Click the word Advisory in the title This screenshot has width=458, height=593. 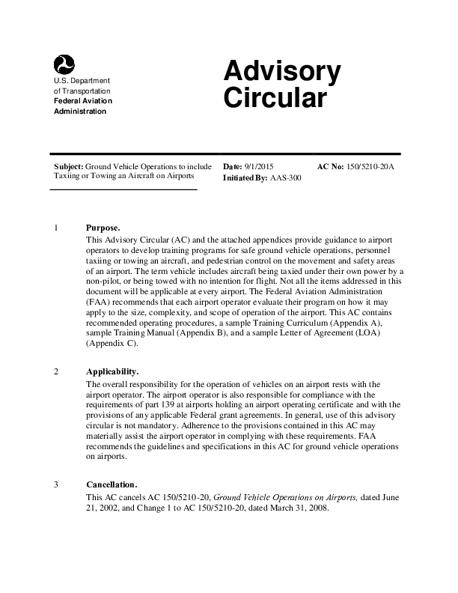pos(282,73)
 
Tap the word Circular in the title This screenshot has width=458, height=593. pos(275,99)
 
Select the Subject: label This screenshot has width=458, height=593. pos(69,165)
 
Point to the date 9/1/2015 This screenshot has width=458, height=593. pos(260,165)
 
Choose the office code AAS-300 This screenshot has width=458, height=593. pos(285,179)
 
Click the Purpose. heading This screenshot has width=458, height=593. pos(103,228)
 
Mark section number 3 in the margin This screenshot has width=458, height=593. pos(57,484)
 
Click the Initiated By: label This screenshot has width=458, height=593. pos(244,179)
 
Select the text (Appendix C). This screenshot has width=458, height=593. pos(112,344)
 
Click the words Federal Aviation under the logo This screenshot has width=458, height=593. pos(82,101)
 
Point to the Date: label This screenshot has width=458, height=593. pos(233,165)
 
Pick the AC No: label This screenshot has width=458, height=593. pos(331,165)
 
